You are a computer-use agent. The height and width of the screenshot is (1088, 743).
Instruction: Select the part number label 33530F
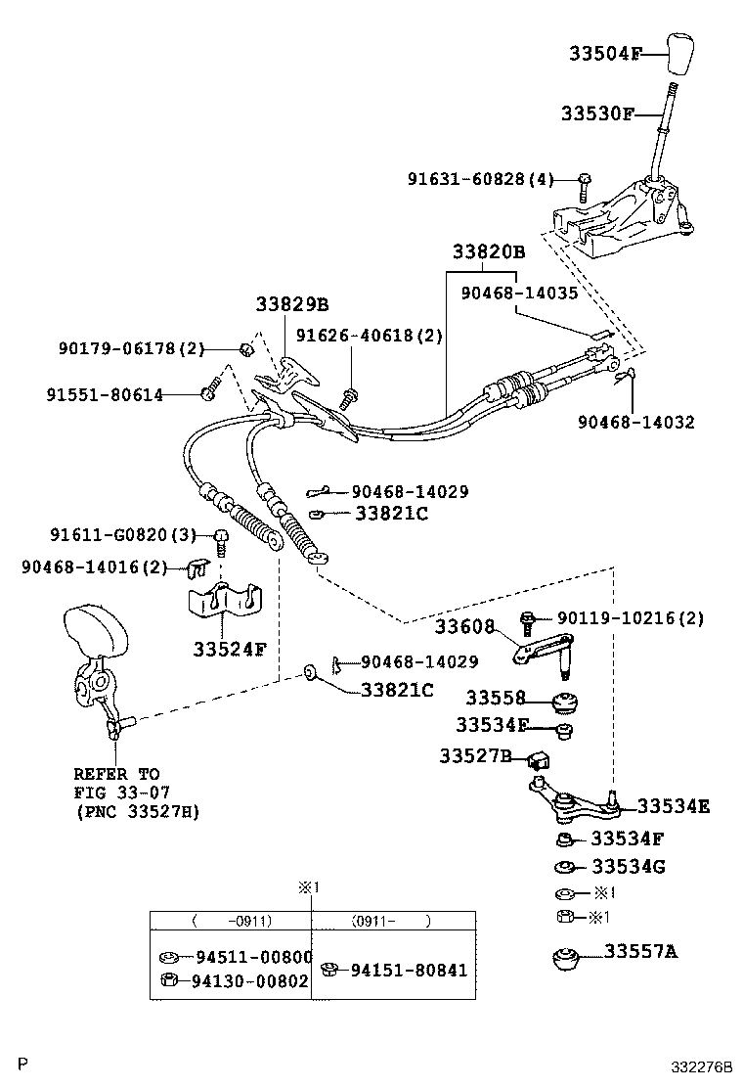click(x=596, y=114)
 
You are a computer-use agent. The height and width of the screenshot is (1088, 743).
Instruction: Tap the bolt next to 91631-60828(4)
click(x=584, y=182)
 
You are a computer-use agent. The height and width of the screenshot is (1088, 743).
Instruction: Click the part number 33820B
click(x=489, y=252)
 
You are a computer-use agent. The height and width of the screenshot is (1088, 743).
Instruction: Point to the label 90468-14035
click(x=519, y=292)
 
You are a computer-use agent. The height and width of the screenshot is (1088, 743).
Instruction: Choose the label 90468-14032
click(x=635, y=423)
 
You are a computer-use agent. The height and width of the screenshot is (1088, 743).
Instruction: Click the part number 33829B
click(x=292, y=304)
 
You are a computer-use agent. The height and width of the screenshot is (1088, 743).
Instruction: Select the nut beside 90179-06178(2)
click(x=245, y=349)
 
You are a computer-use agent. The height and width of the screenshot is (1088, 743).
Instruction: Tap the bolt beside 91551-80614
click(x=207, y=393)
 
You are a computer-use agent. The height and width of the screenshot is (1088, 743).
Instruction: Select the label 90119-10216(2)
click(x=630, y=618)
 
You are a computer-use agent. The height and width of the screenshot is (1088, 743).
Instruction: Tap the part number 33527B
click(x=475, y=756)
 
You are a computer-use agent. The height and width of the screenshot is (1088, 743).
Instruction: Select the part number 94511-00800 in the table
click(x=250, y=958)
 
